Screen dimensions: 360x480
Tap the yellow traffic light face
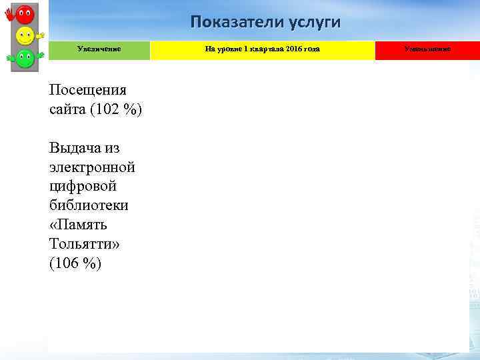click(x=25, y=35)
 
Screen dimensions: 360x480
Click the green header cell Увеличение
click(x=99, y=49)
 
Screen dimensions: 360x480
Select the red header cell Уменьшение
click(x=427, y=49)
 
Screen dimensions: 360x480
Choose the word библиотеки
click(x=89, y=205)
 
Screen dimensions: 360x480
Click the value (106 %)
click(x=75, y=263)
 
